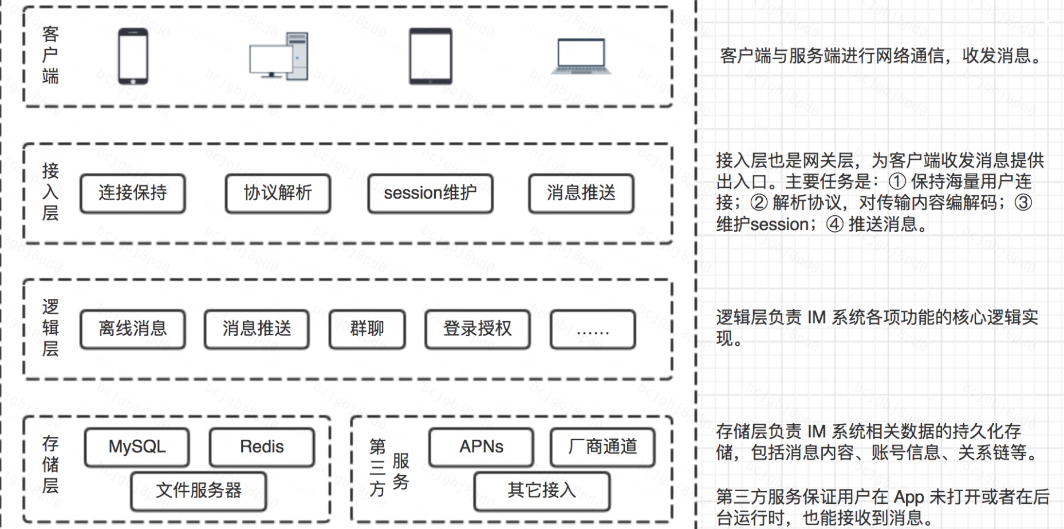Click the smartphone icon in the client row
(x=133, y=56)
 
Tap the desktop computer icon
(x=279, y=56)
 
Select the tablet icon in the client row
(x=430, y=56)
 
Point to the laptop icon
(x=581, y=56)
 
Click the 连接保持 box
(x=133, y=194)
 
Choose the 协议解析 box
(x=278, y=194)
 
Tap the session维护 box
(x=430, y=194)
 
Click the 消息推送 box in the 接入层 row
(x=581, y=194)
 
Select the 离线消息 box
(x=133, y=329)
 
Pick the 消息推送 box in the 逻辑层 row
(x=257, y=329)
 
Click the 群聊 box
(x=367, y=329)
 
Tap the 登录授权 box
(x=477, y=329)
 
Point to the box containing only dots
(x=593, y=329)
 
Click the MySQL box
(x=137, y=447)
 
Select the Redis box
(x=262, y=447)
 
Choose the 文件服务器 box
(x=199, y=491)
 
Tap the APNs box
(x=481, y=447)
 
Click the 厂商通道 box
(x=602, y=447)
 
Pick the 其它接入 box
(x=542, y=491)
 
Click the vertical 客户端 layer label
(x=50, y=56)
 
